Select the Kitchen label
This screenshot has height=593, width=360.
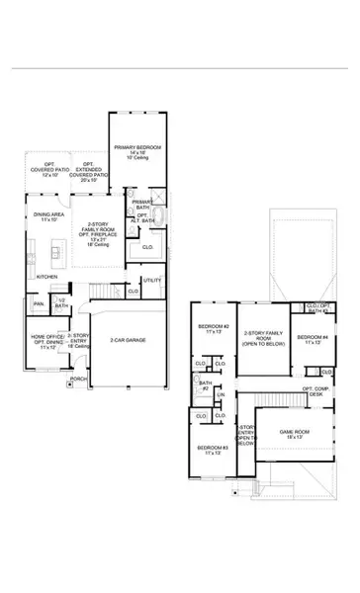click(x=47, y=277)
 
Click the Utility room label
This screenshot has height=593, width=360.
click(x=151, y=282)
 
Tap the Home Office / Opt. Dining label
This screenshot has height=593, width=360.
click(x=47, y=343)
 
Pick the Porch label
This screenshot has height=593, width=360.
click(x=78, y=379)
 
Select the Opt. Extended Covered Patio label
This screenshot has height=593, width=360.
click(x=92, y=172)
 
